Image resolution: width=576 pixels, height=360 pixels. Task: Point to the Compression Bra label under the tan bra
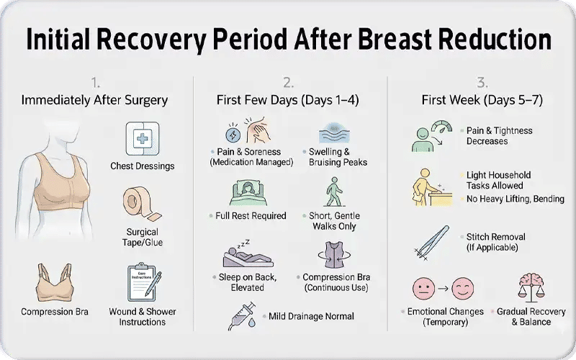(54, 312)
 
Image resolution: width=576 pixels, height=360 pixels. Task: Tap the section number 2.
(288, 81)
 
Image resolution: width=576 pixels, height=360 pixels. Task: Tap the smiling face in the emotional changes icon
(461, 290)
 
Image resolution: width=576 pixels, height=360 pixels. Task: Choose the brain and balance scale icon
(532, 288)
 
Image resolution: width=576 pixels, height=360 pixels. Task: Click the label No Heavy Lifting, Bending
(515, 199)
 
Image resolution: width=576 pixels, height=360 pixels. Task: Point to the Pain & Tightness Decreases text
(499, 136)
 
